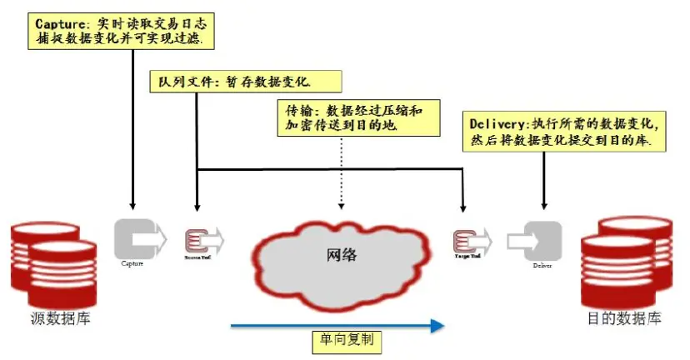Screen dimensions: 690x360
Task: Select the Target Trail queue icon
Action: pos(466,241)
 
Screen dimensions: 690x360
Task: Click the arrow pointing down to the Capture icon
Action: pos(132,133)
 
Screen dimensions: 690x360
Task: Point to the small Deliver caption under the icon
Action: pos(542,265)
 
